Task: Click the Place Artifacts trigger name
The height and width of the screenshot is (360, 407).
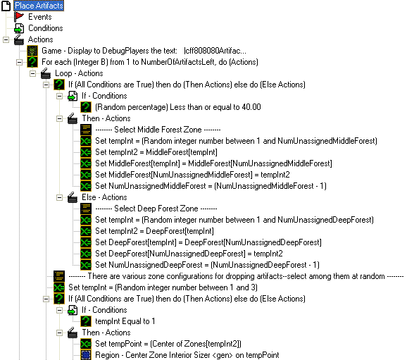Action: pyautogui.click(x=39, y=6)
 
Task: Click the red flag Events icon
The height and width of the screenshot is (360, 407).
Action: pyautogui.click(x=19, y=17)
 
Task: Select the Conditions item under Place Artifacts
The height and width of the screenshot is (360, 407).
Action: pyautogui.click(x=46, y=28)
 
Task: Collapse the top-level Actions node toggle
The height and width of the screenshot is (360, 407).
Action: pyautogui.click(x=6, y=39)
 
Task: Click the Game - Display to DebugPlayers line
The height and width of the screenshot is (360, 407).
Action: pyautogui.click(x=144, y=51)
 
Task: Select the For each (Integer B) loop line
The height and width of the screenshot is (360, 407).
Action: pyautogui.click(x=150, y=62)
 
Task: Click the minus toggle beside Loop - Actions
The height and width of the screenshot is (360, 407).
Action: pyautogui.click(x=32, y=73)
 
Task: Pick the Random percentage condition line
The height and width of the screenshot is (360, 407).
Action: pyautogui.click(x=178, y=107)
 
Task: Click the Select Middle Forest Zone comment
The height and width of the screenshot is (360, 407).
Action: pyautogui.click(x=158, y=130)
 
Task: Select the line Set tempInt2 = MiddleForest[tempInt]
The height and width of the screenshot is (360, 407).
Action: pyautogui.click(x=156, y=152)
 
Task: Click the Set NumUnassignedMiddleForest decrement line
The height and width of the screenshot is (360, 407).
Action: pyautogui.click(x=211, y=186)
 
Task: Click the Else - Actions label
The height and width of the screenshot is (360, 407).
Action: pyautogui.click(x=104, y=197)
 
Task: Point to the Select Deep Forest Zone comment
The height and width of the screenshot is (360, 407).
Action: pyautogui.click(x=156, y=209)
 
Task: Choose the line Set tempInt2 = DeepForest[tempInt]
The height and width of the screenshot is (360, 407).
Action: pyautogui.click(x=154, y=231)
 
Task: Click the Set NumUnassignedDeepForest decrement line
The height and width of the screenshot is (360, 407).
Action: pyautogui.click(x=207, y=265)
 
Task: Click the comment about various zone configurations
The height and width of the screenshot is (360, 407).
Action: pyautogui.click(x=236, y=276)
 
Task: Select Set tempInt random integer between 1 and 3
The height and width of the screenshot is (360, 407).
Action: pyautogui.click(x=163, y=287)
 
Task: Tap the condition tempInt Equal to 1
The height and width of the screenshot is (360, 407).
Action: pyautogui.click(x=125, y=321)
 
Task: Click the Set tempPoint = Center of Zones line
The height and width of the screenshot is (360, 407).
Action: pyautogui.click(x=168, y=344)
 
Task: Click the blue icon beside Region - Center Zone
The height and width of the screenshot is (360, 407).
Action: pyautogui.click(x=86, y=355)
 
